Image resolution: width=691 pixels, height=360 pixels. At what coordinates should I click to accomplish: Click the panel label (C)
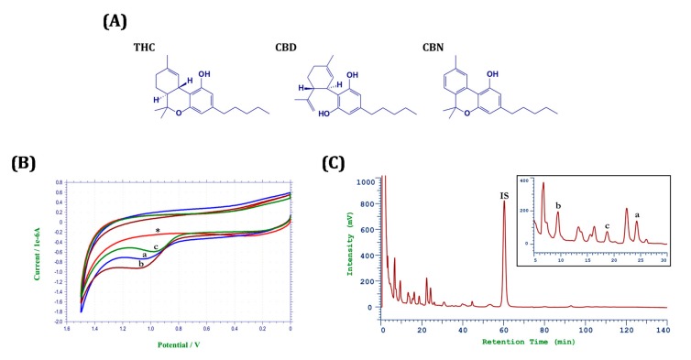pyautogui.click(x=340, y=165)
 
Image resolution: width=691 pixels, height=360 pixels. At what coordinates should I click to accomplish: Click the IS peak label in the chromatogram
pyautogui.click(x=503, y=193)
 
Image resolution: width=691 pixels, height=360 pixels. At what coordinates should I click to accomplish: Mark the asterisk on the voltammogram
pyautogui.click(x=158, y=231)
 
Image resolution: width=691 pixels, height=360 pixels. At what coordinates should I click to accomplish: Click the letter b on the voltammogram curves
pyautogui.click(x=140, y=264)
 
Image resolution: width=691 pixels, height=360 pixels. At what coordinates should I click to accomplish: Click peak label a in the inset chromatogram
pyautogui.click(x=637, y=215)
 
